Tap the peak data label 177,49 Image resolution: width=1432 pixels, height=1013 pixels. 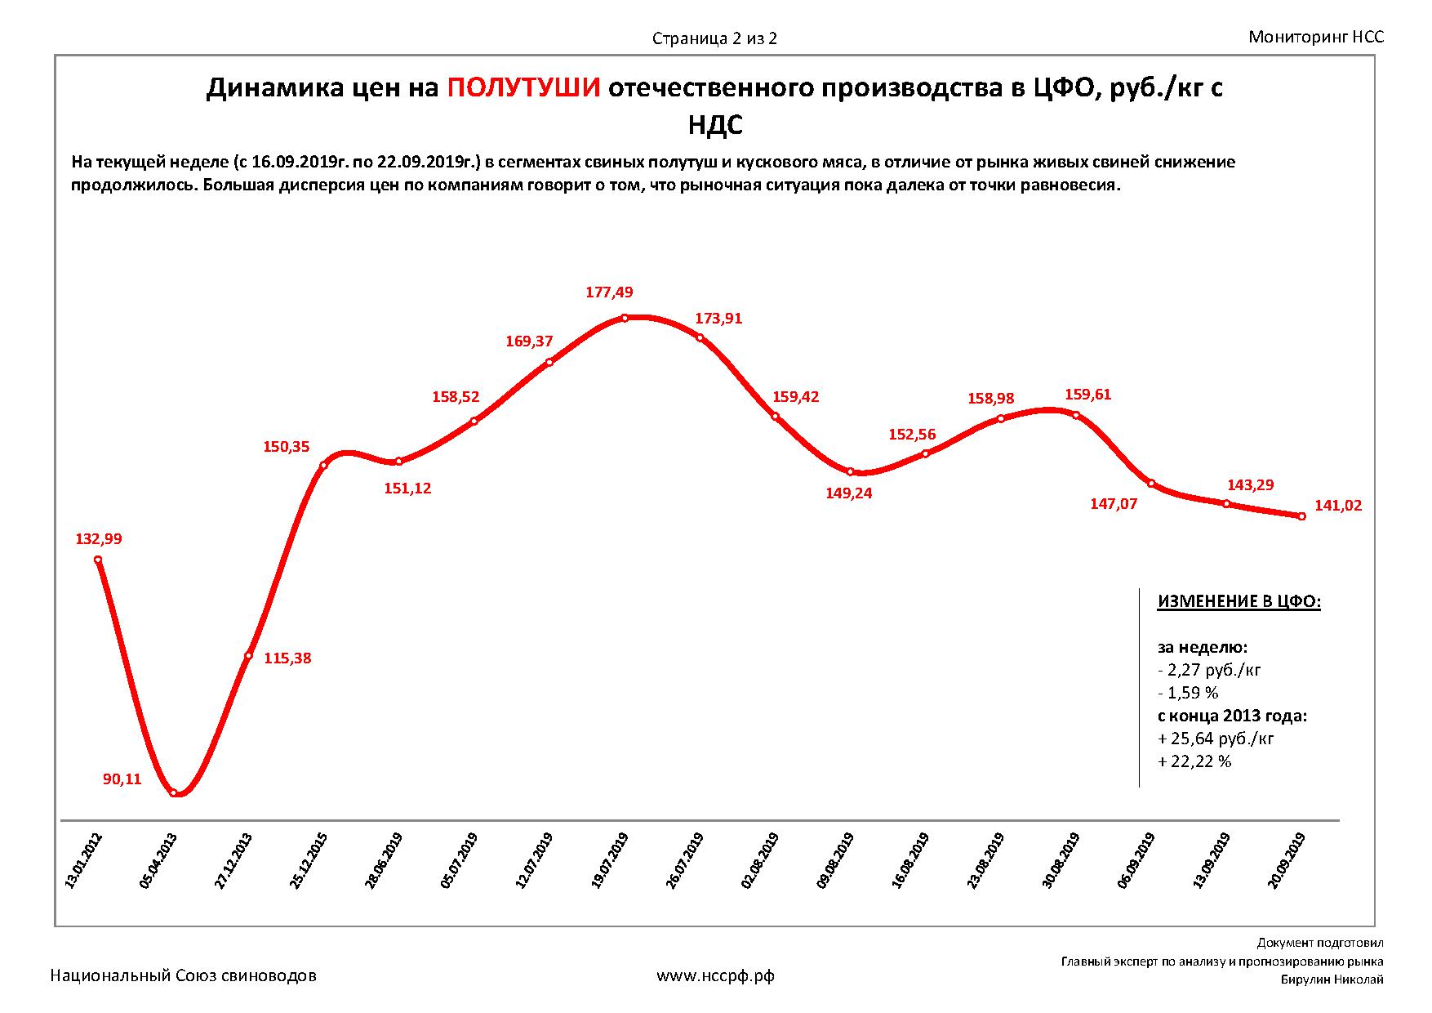[x=609, y=292]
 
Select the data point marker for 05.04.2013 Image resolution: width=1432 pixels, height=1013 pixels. [x=174, y=792]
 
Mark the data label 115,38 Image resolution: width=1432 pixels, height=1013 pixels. [x=287, y=658]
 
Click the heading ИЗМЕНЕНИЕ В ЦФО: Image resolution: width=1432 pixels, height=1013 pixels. [x=1239, y=602]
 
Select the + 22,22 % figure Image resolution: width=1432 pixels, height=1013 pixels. [x=1194, y=761]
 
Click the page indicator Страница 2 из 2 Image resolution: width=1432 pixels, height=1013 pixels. [x=714, y=38]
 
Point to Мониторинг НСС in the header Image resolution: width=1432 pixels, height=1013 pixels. [x=1316, y=37]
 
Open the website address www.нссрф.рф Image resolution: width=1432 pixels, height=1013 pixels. [x=716, y=975]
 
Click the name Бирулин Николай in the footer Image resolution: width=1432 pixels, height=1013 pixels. [x=1332, y=980]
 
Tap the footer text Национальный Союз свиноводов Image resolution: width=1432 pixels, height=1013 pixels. [x=184, y=975]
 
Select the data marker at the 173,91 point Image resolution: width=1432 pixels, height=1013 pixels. [x=700, y=337]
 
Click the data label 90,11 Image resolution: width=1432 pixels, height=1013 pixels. [x=122, y=779]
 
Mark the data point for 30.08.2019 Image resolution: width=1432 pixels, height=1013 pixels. [x=1076, y=415]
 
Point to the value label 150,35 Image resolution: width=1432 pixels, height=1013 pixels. [x=286, y=447]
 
